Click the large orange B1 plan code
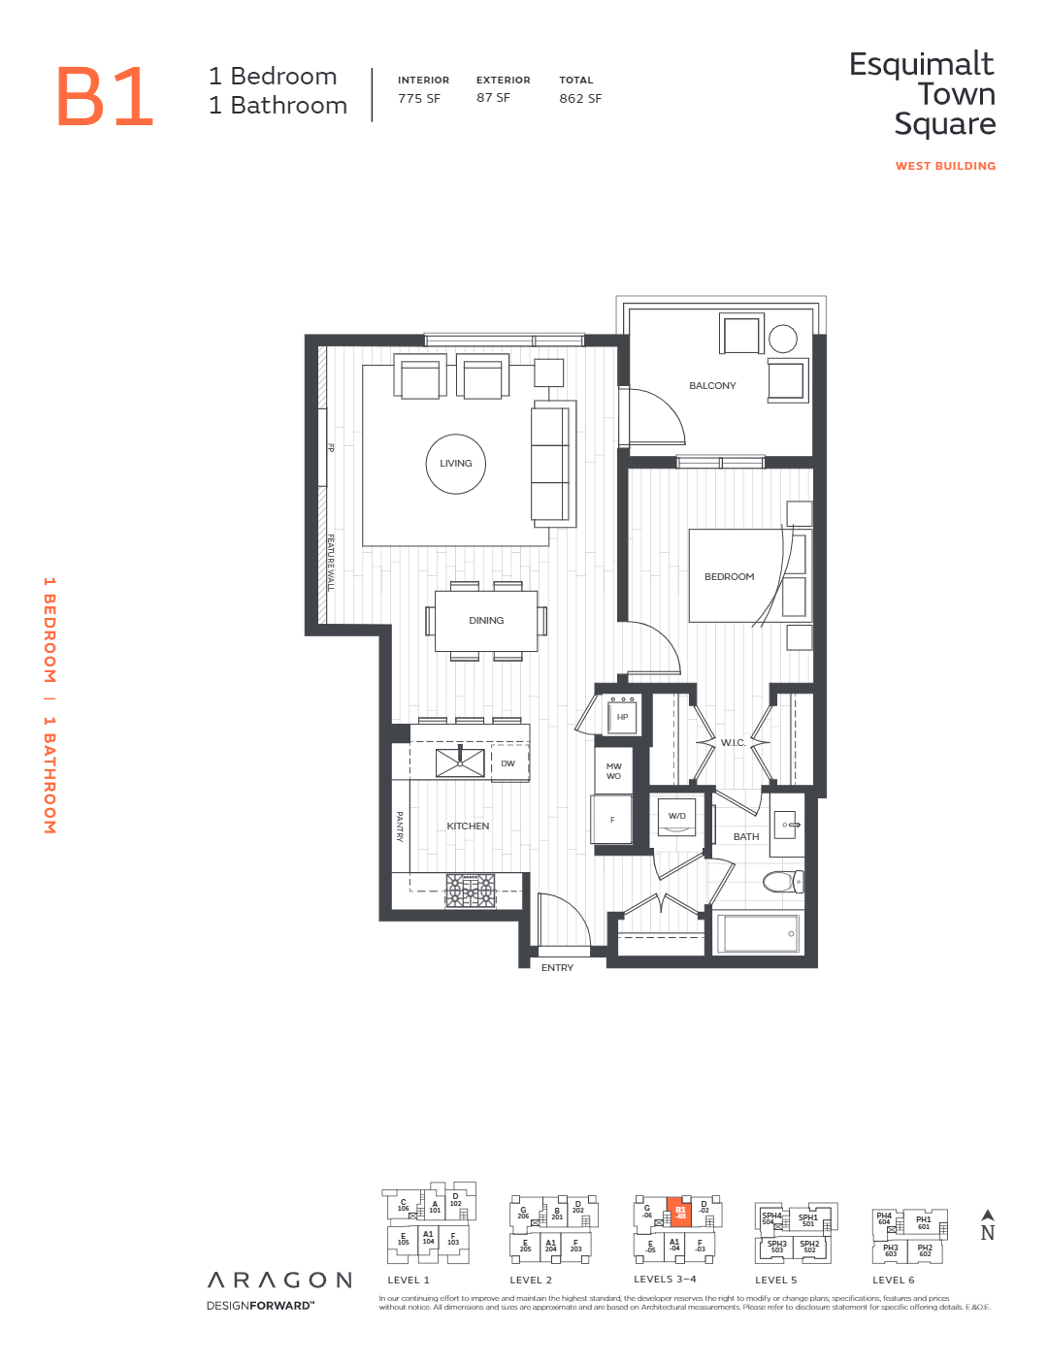105,97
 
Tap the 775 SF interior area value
418,98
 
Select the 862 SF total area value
580,98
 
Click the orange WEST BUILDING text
945,166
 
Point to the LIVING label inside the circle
456,464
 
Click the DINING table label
486,621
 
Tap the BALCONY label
712,386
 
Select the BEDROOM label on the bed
729,577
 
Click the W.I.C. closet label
734,743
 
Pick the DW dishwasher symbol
508,763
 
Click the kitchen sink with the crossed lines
460,762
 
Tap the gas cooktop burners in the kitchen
471,890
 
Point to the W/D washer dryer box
677,817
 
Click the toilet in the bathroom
782,882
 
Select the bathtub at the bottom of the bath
760,933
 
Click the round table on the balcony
783,339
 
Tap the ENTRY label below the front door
557,968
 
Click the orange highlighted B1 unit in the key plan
680,1212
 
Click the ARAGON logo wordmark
279,1281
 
